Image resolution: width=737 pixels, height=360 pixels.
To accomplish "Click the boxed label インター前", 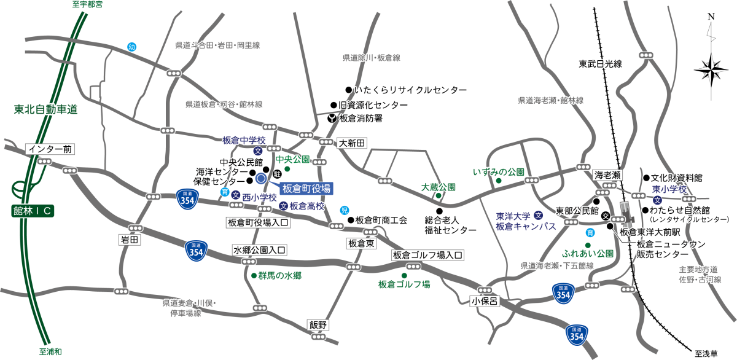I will coord(50,149).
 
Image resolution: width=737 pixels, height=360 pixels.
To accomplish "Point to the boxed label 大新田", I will coord(352,143).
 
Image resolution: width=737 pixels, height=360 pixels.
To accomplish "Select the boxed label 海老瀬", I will coord(608,175).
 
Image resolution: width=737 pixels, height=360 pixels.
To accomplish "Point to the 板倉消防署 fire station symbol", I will coord(332,118).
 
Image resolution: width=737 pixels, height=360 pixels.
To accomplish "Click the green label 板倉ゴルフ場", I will coord(404,284).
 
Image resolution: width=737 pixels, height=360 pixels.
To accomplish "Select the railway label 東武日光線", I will coord(601,64).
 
